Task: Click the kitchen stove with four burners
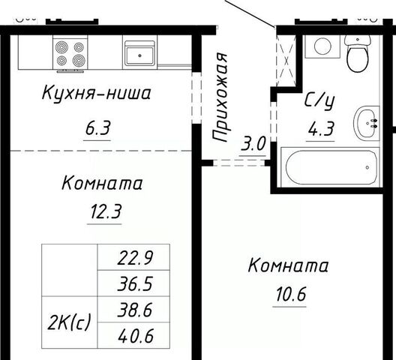point(70,52)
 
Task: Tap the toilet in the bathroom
point(358,54)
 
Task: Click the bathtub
point(330,167)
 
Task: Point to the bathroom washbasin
point(367,123)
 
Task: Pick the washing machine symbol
point(322,46)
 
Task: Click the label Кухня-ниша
point(96,93)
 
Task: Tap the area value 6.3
point(97,128)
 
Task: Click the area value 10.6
point(291,294)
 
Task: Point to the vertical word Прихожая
point(220,97)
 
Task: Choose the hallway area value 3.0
point(253,143)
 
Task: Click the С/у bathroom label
point(319,101)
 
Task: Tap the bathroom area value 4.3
point(321,128)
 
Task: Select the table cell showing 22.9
point(133,257)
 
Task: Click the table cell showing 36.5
point(133,283)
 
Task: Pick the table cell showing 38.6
point(133,310)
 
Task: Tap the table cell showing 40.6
point(133,335)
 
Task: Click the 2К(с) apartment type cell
point(70,322)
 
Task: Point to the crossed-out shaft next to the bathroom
point(286,61)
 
